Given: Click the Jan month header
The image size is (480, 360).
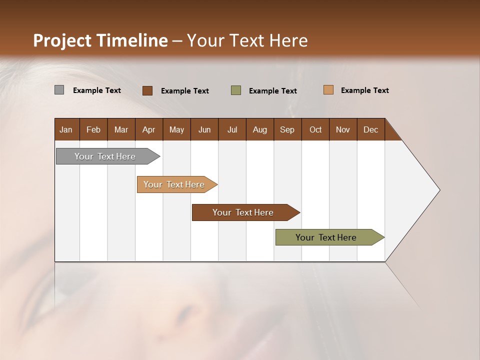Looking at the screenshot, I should (66, 129).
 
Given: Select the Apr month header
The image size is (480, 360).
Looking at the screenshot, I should (148, 129).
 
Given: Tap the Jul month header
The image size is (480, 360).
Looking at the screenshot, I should (232, 129).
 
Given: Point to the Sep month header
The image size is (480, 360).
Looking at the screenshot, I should (287, 129).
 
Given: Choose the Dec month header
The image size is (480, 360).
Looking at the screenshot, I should (370, 129).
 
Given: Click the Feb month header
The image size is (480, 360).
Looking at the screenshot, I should (93, 129).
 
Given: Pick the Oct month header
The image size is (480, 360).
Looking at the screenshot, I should (315, 129).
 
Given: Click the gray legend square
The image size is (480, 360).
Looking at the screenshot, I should (59, 90).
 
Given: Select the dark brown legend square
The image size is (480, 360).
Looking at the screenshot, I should (147, 90).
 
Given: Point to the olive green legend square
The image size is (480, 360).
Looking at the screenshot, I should (236, 90).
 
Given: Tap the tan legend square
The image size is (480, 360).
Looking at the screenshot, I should (328, 90).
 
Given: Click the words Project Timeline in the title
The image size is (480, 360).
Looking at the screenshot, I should (100, 40).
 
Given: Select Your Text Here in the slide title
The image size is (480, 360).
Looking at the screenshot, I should (247, 40).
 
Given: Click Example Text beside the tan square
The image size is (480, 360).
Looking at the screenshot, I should (364, 90).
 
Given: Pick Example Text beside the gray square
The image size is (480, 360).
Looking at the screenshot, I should (96, 90).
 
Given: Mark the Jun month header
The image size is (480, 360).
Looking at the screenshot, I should (204, 129).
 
